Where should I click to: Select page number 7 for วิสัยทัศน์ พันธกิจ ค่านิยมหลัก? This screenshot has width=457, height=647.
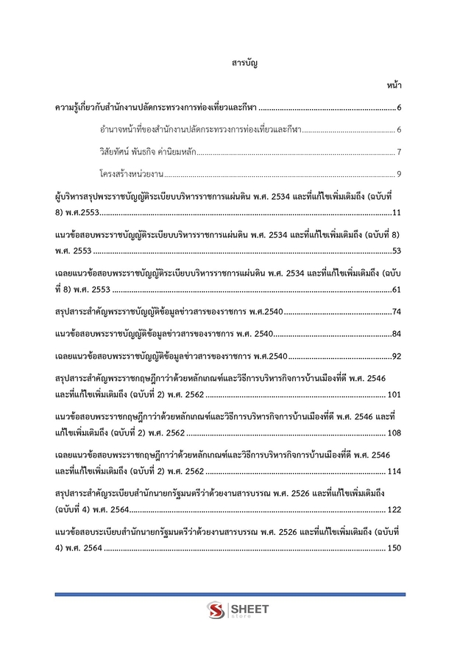click(x=398, y=153)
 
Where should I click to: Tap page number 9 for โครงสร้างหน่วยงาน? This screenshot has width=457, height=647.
click(x=398, y=175)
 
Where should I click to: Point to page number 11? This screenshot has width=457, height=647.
click(x=396, y=213)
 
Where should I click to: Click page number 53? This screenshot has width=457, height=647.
click(x=396, y=251)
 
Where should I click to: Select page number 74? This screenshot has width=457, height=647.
click(x=396, y=312)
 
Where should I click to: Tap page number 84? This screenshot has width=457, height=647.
click(x=396, y=335)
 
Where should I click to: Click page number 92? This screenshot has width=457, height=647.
click(x=396, y=357)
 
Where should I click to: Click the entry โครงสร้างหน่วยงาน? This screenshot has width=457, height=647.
click(x=131, y=175)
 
